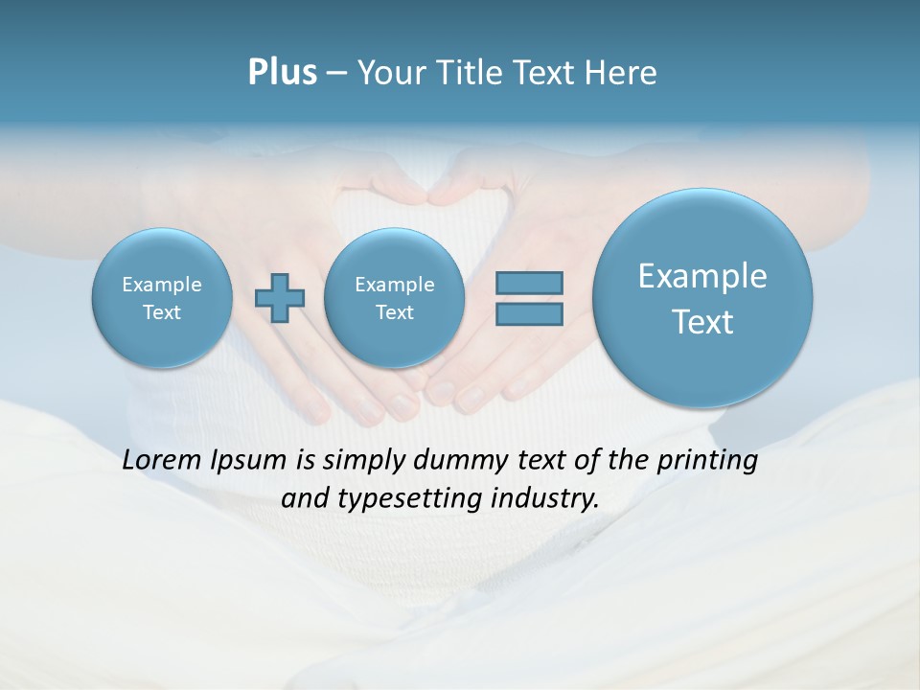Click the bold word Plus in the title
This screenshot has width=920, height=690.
pos(282,73)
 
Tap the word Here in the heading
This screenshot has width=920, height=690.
pos(621,73)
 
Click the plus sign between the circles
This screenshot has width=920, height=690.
pos(280,297)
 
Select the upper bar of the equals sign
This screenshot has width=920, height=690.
pos(529,283)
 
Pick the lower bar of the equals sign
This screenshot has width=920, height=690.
pos(529,313)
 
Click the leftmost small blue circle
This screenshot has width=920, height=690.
pos(162,298)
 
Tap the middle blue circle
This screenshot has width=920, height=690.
pos(394,298)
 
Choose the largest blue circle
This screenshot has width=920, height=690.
pos(702,298)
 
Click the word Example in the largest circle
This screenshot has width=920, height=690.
pos(702,276)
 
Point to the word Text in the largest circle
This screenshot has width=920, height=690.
pos(702,322)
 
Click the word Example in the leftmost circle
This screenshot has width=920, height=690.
pos(162,285)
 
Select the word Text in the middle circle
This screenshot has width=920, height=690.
pos(394,312)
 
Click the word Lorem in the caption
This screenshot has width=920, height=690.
pos(163,460)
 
